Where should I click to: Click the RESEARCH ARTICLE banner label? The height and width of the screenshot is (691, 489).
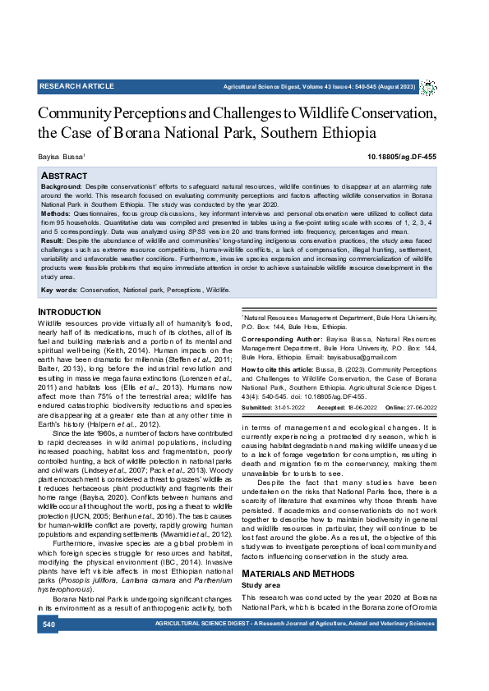76,85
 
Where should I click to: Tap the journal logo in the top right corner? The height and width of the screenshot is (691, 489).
428,86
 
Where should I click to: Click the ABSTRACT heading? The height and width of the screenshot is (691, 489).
64,176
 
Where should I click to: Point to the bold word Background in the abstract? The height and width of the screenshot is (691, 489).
60,187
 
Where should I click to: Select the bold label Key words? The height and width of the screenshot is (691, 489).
59,290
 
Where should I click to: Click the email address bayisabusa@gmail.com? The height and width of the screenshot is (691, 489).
360,357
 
